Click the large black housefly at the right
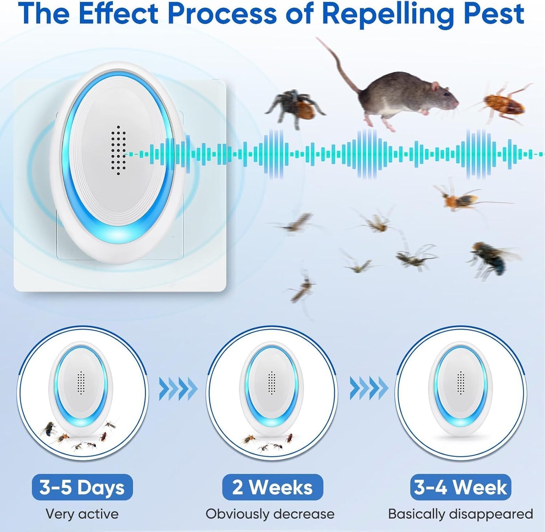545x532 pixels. pos(490,257)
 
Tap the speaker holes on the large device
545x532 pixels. pos(119,150)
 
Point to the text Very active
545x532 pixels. pos(82,514)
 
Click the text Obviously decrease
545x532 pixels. pos(270,514)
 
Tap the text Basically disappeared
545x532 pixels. pos(461,514)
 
